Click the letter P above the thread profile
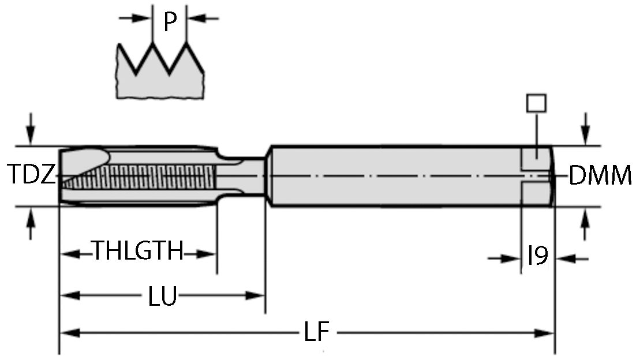click(169, 22)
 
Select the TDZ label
click(32, 175)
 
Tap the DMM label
click(600, 175)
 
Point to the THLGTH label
click(139, 252)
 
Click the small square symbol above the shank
click(537, 103)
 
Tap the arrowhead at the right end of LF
click(545, 333)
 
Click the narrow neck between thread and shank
click(242, 175)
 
